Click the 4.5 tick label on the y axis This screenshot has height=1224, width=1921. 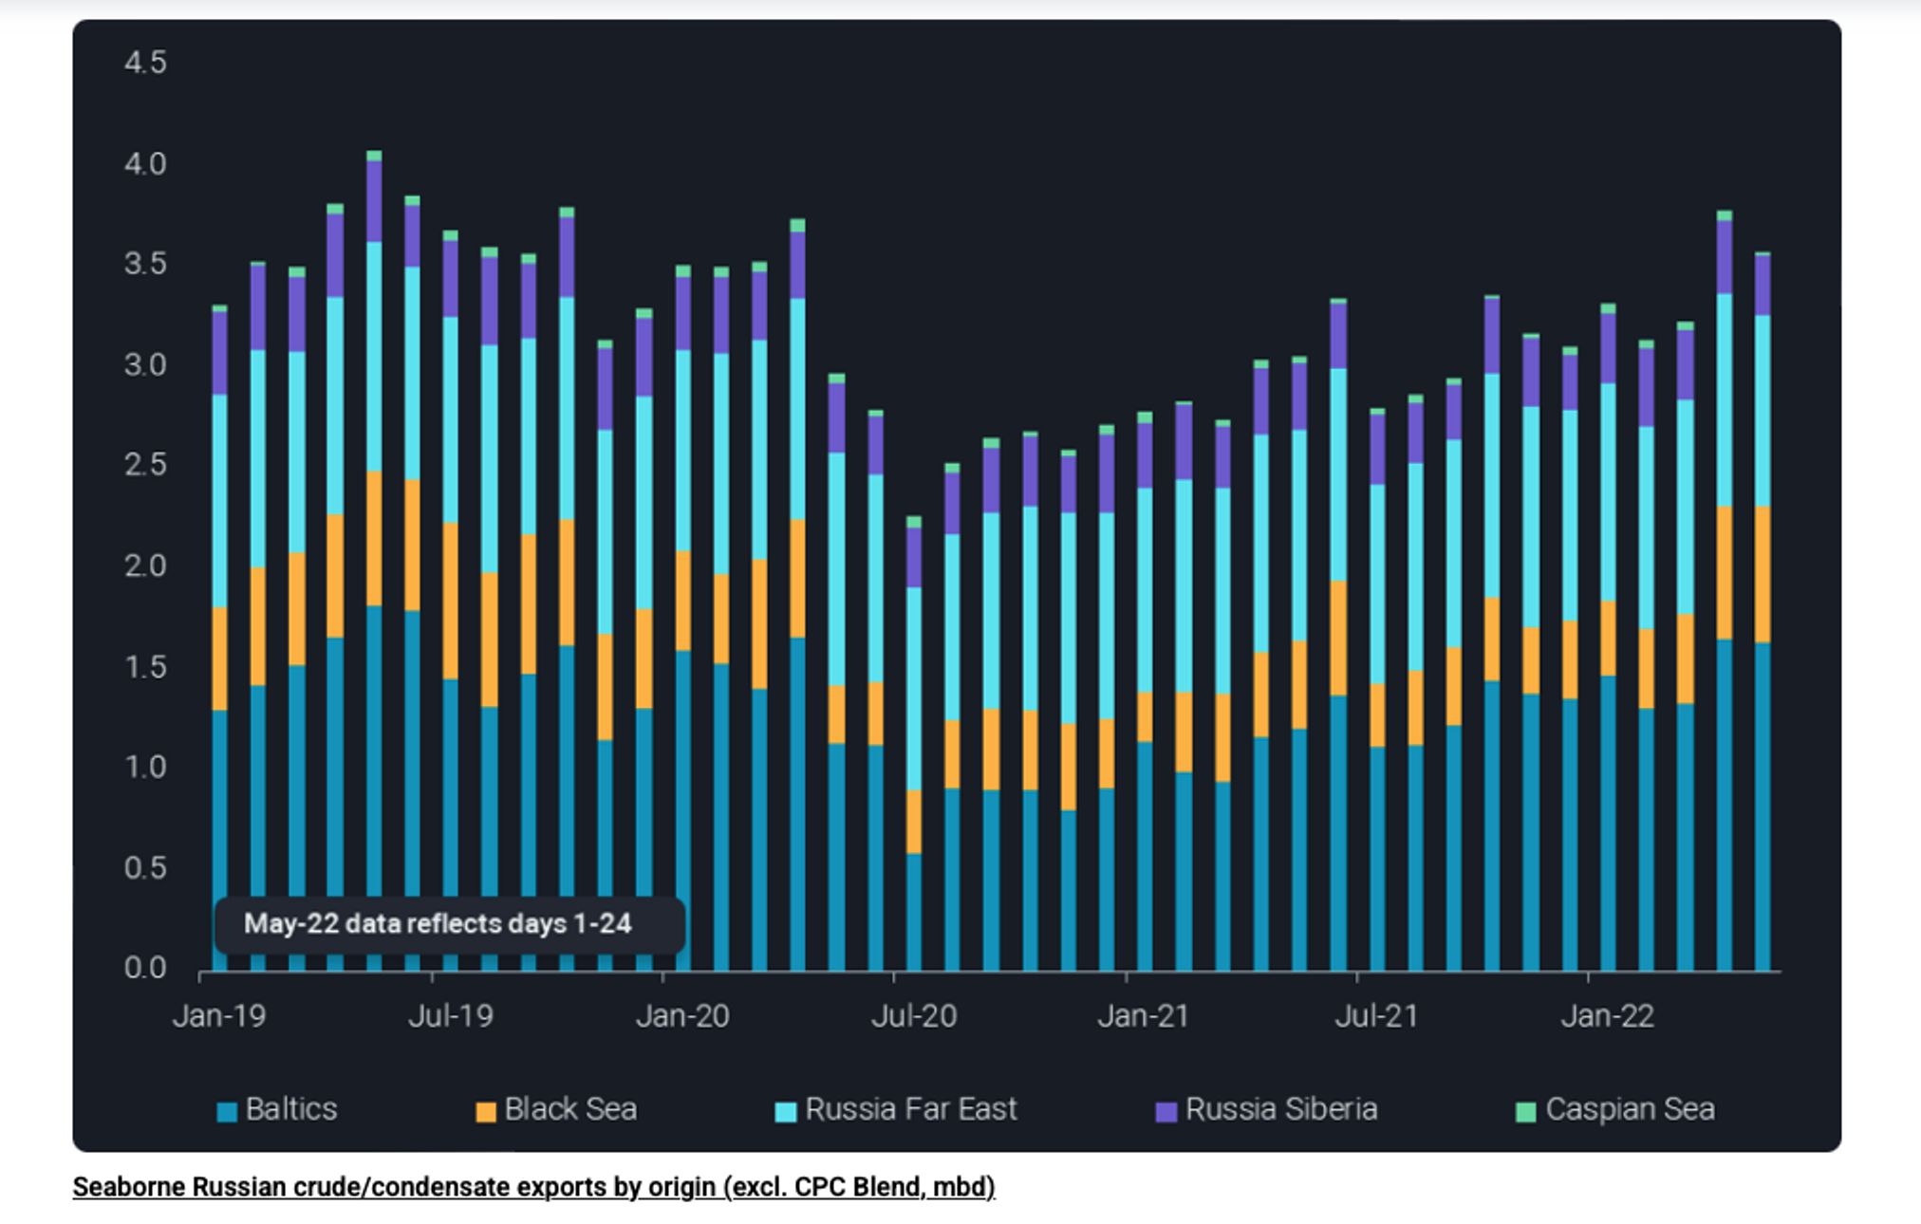[x=144, y=63]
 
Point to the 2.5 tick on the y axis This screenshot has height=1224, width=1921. [x=144, y=465]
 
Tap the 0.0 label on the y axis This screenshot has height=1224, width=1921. [x=144, y=968]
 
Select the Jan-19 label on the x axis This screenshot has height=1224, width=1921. [x=219, y=1016]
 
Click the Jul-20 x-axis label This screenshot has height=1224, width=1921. [x=914, y=1016]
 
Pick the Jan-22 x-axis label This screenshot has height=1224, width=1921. [x=1607, y=1016]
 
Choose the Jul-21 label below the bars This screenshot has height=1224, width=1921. [x=1376, y=1016]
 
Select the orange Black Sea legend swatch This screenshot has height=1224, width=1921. [x=485, y=1112]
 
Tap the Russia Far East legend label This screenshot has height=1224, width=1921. [x=910, y=1109]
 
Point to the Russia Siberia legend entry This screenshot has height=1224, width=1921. [x=1280, y=1109]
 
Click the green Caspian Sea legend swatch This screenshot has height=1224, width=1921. [x=1525, y=1112]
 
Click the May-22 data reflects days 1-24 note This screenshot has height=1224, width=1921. [x=438, y=924]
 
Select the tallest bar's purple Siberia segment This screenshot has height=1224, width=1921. [x=374, y=201]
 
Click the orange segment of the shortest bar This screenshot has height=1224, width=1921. [x=914, y=822]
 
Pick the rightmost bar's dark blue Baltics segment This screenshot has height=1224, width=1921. [x=1762, y=807]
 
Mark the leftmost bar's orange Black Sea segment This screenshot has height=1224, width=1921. [x=219, y=658]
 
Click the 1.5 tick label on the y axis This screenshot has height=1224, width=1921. [x=144, y=667]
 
